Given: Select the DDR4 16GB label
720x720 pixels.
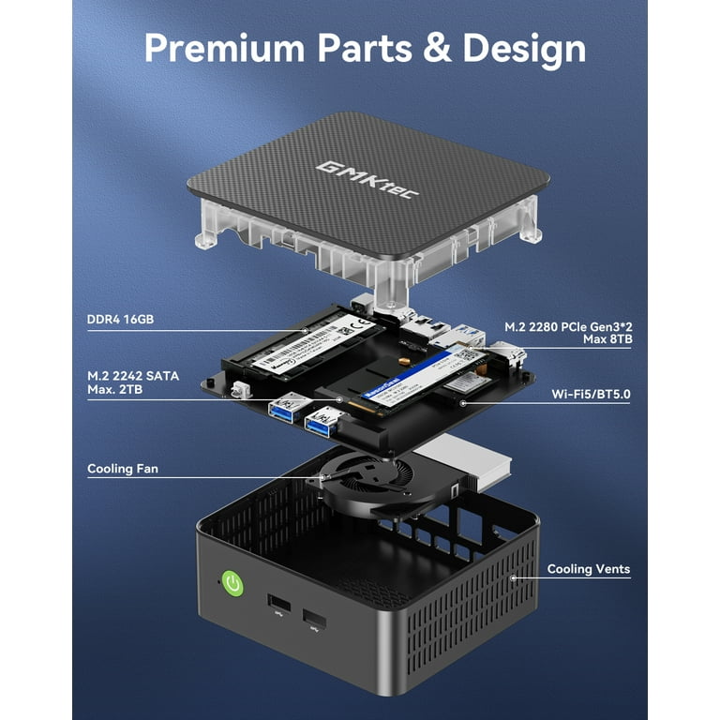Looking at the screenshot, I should [x=120, y=320].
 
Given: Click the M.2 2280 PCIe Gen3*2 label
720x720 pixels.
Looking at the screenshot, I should [x=567, y=326].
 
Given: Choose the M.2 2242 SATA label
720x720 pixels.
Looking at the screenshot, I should [x=132, y=382].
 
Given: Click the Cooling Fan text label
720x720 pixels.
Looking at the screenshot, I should [x=122, y=468].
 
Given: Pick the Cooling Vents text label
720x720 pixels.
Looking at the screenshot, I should [x=589, y=569].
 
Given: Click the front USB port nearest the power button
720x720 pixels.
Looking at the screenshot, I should [x=277, y=603].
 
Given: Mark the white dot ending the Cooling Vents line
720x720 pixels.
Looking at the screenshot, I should [x=512, y=577].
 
